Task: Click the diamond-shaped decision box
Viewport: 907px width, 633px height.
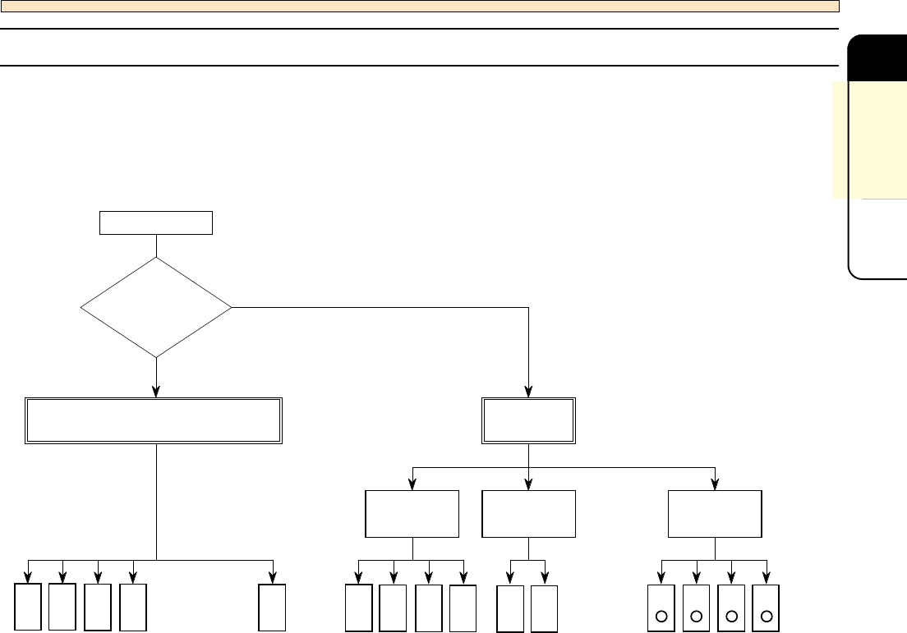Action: click(156, 307)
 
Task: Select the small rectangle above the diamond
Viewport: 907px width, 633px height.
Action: click(156, 222)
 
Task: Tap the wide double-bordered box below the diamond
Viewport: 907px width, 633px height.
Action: click(156, 421)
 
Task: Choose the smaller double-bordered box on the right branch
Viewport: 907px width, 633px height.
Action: click(528, 421)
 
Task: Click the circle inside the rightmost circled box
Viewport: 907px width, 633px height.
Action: click(767, 615)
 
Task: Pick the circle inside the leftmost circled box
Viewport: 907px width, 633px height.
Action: click(661, 615)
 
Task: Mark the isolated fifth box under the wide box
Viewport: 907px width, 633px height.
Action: click(272, 607)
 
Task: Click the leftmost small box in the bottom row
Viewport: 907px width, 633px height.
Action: click(28, 607)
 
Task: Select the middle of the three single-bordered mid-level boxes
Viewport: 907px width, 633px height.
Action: click(528, 514)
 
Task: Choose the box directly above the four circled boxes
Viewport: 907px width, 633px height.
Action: click(715, 514)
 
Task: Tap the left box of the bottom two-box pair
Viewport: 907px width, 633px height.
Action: click(510, 608)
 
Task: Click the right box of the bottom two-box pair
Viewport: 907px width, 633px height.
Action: click(544, 608)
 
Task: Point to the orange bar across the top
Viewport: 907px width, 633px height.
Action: click(419, 6)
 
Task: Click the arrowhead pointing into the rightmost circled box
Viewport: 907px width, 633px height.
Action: click(767, 578)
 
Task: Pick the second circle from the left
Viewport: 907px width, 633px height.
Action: click(696, 615)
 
